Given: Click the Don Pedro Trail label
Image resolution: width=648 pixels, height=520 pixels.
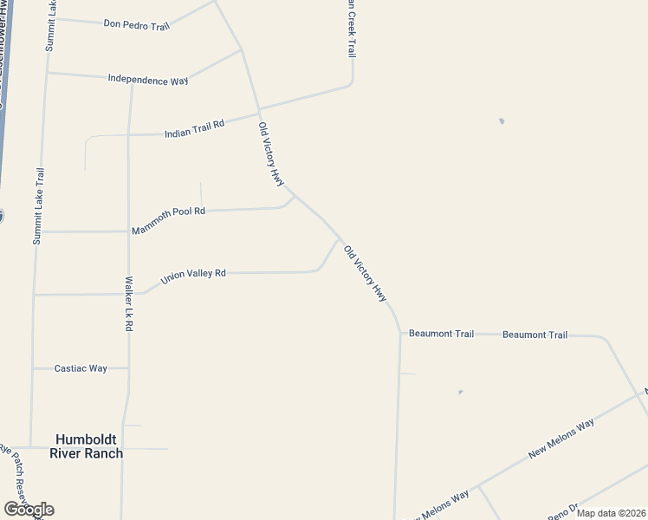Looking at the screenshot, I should point(136,24).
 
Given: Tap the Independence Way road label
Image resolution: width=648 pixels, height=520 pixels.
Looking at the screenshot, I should point(148,80).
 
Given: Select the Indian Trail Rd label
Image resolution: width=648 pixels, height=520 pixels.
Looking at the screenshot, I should point(194,128).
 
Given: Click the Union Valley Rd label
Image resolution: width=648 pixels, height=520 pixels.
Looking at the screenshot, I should point(193,277).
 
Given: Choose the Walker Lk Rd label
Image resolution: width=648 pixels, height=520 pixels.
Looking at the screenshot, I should point(128,303).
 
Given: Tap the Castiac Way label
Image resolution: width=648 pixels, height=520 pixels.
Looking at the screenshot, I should point(81,368).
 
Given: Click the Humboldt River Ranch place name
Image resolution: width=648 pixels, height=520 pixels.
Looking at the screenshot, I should point(86,446).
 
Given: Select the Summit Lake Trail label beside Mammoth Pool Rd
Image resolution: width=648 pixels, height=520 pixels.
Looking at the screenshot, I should point(38,206).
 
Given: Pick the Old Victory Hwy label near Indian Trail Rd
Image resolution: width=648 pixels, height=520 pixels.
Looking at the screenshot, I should point(271,153).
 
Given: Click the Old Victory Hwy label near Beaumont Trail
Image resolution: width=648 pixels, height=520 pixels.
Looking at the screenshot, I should point(365,273).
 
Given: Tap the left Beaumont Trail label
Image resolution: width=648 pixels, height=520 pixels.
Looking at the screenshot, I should point(441,334).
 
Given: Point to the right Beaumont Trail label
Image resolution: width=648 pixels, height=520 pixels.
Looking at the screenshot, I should point(535,335).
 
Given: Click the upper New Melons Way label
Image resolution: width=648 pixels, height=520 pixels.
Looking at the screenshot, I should point(561,439).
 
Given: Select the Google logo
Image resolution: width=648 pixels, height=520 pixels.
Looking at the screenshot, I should point(29,510).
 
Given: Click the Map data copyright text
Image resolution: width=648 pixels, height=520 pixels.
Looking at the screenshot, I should point(611,513).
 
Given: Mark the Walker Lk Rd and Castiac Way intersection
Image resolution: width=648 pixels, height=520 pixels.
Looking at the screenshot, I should point(129,368).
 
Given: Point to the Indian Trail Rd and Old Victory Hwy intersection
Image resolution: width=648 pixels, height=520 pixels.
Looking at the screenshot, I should point(260,111).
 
